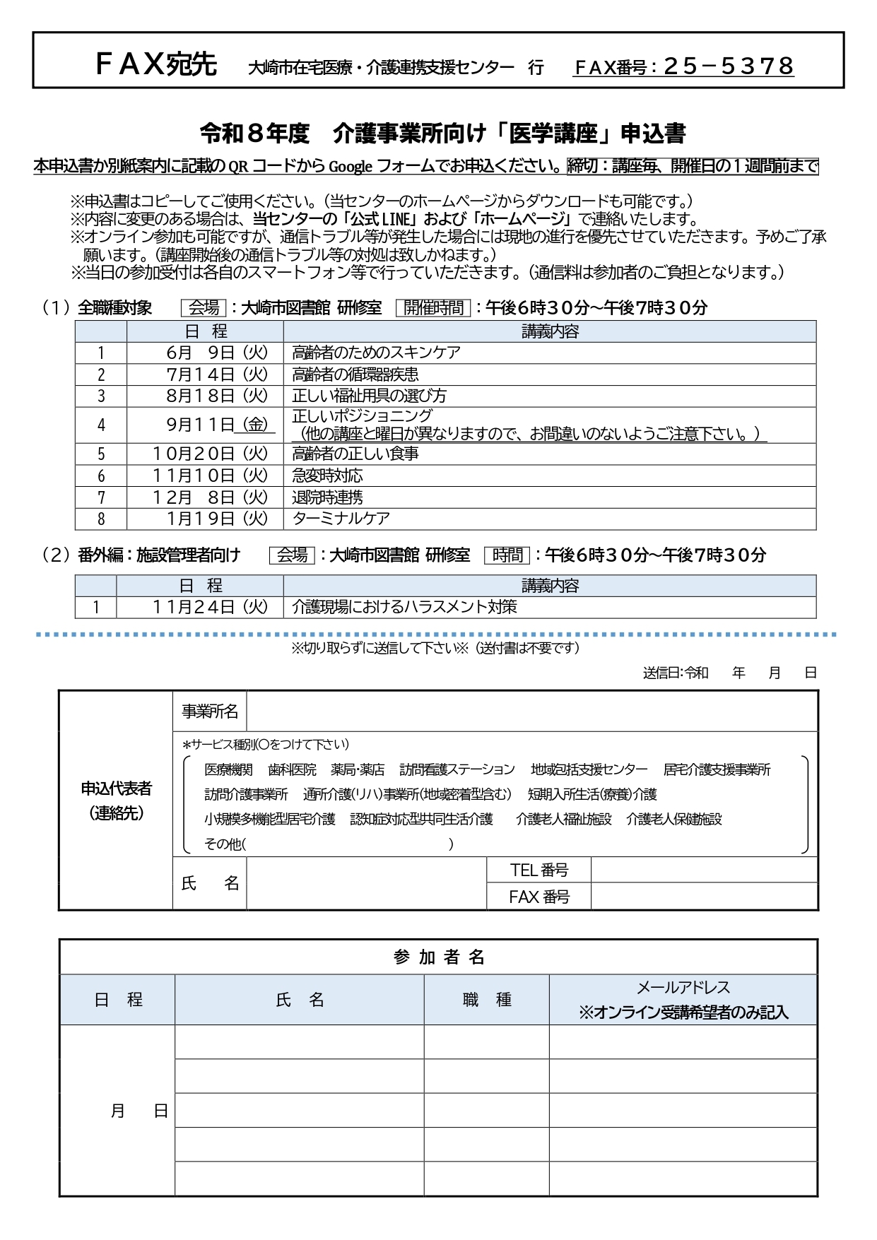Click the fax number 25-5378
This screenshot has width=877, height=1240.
[729, 66]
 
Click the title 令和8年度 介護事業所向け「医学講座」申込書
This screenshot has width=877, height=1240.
[442, 133]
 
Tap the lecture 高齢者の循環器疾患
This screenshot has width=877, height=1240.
[355, 374]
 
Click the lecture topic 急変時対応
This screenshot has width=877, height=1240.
[327, 476]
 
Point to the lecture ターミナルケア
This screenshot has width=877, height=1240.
[341, 519]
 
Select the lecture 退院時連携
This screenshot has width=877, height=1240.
[327, 497]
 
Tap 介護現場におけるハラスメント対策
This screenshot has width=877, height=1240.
[404, 607]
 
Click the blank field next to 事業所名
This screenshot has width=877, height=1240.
[531, 711]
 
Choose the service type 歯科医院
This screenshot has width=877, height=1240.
[292, 769]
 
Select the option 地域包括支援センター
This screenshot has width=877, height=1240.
[589, 769]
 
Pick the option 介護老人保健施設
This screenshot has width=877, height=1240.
[674, 819]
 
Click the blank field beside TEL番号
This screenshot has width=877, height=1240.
[704, 870]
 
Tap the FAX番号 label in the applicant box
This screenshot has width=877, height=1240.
[538, 897]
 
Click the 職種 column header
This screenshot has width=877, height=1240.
[486, 1000]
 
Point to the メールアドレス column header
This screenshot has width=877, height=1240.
[683, 988]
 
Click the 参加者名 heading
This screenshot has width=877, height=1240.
[438, 957]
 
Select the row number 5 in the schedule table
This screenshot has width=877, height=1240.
[101, 454]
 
